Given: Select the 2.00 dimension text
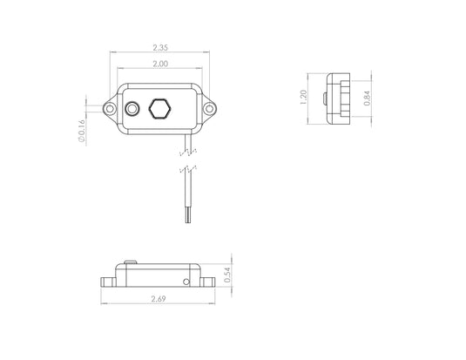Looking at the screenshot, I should [159, 65].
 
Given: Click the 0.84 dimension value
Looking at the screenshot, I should [366, 98].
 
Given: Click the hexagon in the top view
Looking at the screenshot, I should [159, 109].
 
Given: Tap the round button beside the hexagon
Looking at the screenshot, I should [132, 109].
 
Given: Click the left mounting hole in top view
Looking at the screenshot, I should [110, 109].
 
